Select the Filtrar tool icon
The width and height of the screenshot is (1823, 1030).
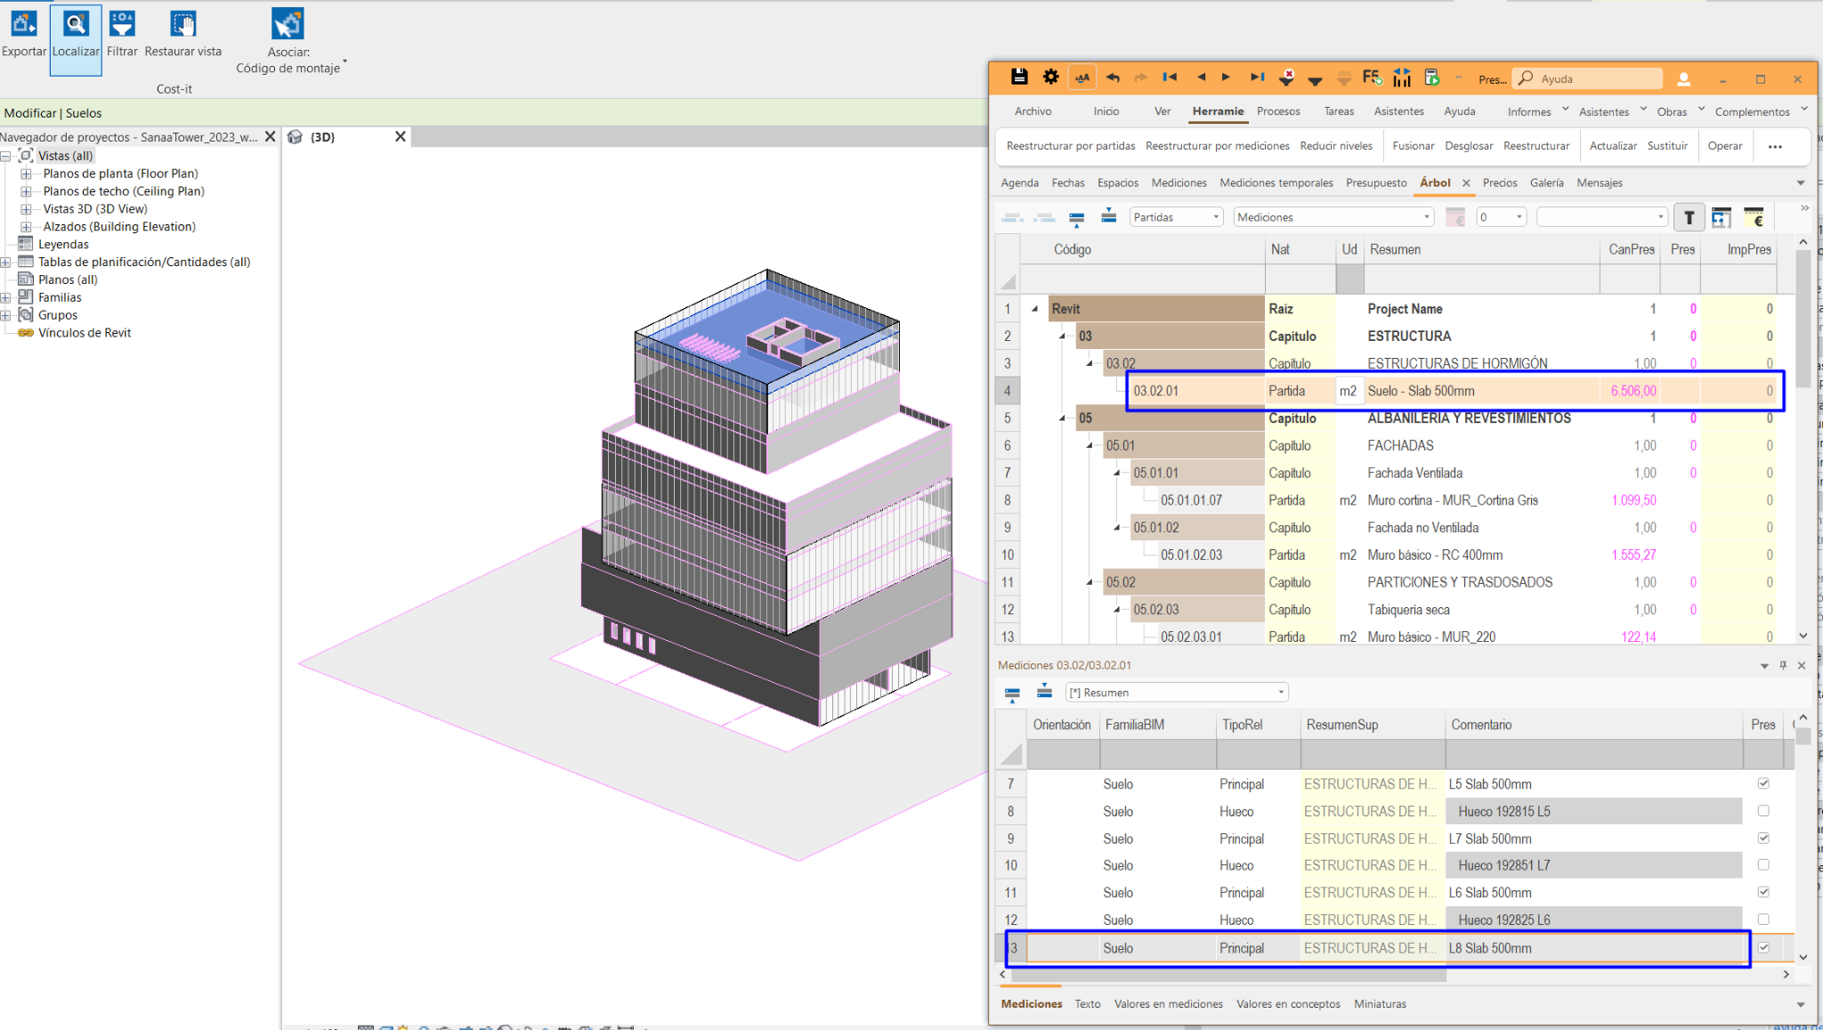point(122,24)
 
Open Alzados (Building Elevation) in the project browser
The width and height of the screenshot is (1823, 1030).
point(119,226)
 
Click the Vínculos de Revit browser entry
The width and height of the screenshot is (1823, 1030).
point(85,333)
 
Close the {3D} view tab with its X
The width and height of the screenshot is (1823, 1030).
point(401,136)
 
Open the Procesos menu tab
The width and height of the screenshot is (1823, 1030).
point(1278,111)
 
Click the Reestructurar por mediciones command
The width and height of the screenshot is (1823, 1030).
point(1217,146)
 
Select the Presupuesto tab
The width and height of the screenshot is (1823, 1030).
point(1376,182)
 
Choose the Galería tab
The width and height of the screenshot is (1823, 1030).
point(1546,182)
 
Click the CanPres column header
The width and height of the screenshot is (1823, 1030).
point(1631,249)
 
